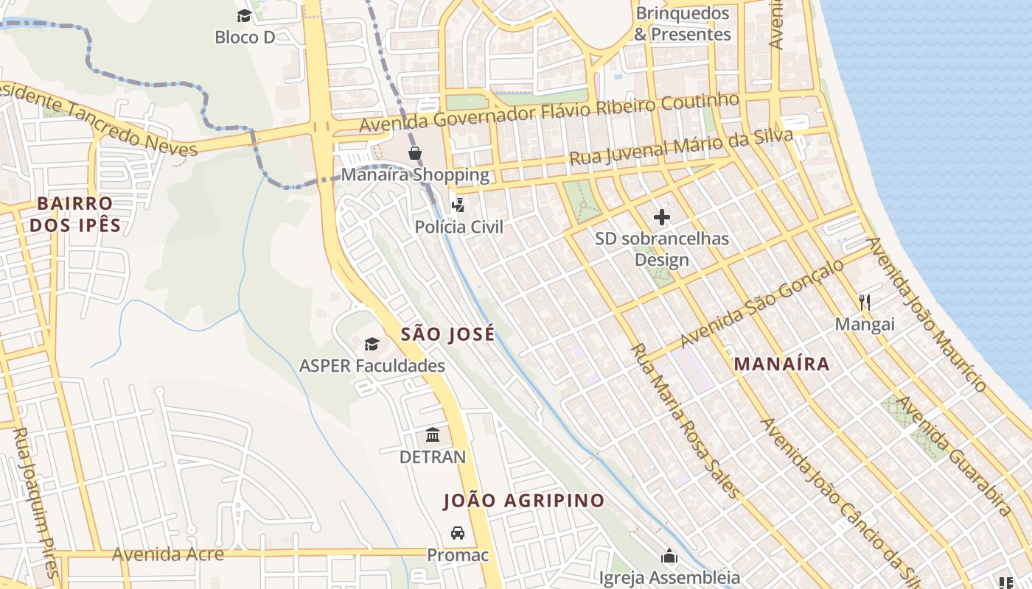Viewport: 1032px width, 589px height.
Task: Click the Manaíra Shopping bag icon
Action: pos(415,153)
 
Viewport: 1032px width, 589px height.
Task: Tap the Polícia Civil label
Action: pos(459,227)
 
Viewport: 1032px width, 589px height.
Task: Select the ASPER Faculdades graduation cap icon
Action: pos(372,344)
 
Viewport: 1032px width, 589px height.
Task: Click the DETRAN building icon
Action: pos(433,435)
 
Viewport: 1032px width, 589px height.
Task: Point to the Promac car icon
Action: pos(458,532)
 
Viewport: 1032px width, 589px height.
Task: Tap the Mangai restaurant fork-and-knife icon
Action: pos(865,302)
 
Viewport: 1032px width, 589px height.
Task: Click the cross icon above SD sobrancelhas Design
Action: pos(662,217)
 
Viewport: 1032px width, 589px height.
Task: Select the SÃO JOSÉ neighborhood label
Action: pos(447,334)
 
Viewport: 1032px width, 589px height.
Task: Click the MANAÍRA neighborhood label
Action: pos(781,364)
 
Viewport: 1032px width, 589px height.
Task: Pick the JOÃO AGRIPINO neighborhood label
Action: pos(523,501)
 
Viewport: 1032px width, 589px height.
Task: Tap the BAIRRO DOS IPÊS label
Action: pos(75,214)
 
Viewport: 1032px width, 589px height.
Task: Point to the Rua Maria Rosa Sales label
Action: pos(683,420)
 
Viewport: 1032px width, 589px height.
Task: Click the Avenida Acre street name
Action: pos(167,554)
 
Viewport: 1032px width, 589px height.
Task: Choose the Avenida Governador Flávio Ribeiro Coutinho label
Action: pos(548,113)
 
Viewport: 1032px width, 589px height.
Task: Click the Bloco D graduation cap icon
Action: pos(244,15)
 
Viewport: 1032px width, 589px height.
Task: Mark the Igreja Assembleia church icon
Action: pos(669,556)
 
